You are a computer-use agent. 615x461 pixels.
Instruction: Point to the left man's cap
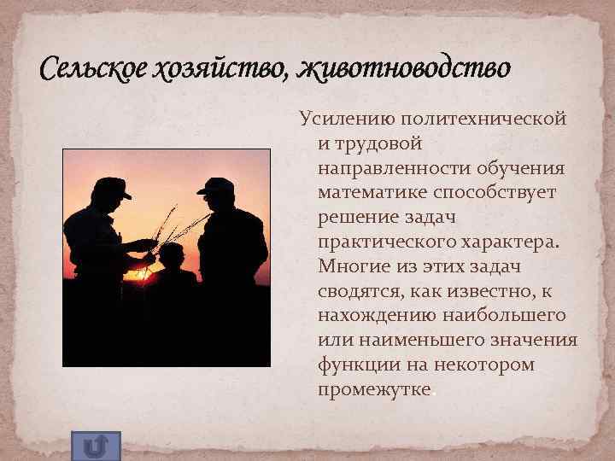[x=114, y=188]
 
